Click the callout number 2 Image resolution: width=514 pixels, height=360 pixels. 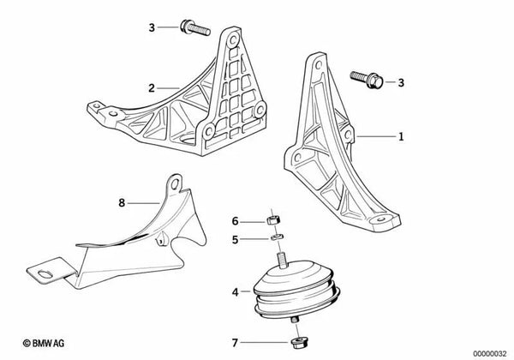(x=151, y=87)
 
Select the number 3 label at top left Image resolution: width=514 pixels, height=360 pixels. (x=151, y=27)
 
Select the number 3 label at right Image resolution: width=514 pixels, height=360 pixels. (x=399, y=82)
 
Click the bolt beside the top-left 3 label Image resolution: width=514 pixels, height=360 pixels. (x=193, y=28)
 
